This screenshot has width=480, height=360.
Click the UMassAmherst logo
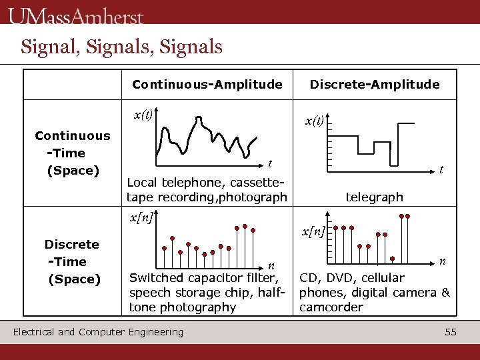click(x=76, y=15)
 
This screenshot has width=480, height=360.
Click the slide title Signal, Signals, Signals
click(x=121, y=47)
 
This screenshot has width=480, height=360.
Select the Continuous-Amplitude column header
click(x=207, y=84)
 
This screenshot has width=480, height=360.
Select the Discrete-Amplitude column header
click(x=375, y=84)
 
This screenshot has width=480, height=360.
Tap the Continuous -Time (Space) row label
click(x=72, y=153)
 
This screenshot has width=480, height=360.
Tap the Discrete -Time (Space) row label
click(x=72, y=261)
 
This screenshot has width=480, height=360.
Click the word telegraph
click(x=374, y=197)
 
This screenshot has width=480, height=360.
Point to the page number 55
click(x=451, y=331)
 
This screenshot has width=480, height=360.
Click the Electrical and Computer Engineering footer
click(x=98, y=331)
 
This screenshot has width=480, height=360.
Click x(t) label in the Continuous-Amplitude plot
click(x=142, y=114)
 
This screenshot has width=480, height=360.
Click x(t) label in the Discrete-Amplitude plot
click(x=314, y=121)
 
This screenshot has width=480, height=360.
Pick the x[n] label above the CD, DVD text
click(x=313, y=231)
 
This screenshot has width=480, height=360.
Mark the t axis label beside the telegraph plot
click(x=441, y=171)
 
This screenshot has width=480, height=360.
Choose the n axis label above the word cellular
click(x=441, y=260)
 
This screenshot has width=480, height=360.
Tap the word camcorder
click(x=331, y=307)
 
